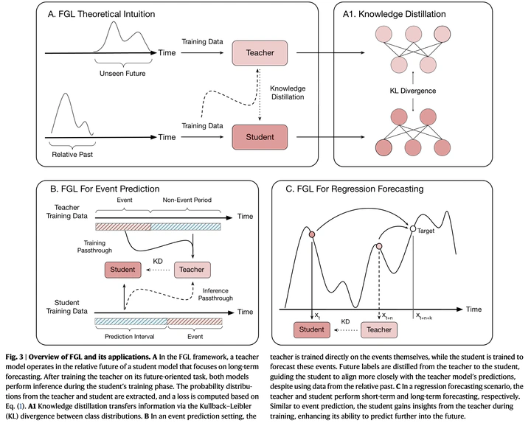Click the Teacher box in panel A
pyautogui.click(x=258, y=52)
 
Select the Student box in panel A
pyautogui.click(x=258, y=137)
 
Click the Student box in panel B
pyautogui.click(x=122, y=270)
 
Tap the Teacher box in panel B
pyautogui.click(x=191, y=270)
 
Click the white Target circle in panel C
pyautogui.click(x=413, y=228)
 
